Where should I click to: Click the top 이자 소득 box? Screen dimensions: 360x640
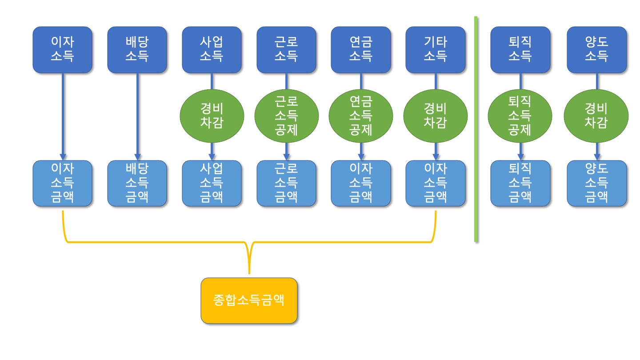pos(62,49)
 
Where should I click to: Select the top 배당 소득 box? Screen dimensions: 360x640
pos(137,49)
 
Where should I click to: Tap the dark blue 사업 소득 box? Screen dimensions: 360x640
pos(212,49)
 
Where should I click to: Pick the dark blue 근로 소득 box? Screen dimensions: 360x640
pos(286,49)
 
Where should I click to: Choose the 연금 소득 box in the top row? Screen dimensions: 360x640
pos(360,49)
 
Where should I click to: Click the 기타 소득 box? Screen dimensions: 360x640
pos(435,49)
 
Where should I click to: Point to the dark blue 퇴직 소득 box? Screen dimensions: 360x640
pos(520,49)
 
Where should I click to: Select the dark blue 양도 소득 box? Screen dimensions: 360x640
pos(596,49)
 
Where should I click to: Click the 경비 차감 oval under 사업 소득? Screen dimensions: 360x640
pos(212,116)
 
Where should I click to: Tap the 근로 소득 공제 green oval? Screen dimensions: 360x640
pos(286,116)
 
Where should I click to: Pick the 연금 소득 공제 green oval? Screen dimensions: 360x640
pos(360,116)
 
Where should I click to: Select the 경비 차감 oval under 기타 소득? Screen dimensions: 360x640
pos(435,116)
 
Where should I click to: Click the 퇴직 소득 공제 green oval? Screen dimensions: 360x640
pos(520,116)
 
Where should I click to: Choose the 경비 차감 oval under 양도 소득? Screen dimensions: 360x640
pos(596,116)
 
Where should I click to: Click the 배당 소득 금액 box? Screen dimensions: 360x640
pos(137,183)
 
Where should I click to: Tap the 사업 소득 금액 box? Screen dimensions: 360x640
pos(212,183)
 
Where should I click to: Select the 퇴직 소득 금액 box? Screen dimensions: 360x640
pos(520,183)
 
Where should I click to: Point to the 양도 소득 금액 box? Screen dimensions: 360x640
pos(596,183)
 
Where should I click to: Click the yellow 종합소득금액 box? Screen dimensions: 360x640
pos(249,300)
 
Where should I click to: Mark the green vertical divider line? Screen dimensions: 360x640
pos(476,129)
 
